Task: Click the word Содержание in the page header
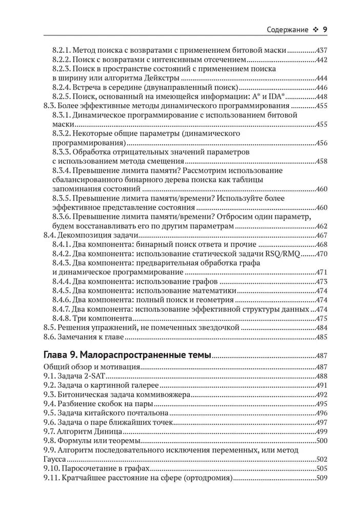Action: [x=288, y=29]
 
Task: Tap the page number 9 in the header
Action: [x=325, y=29]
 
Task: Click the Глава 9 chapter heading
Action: [x=127, y=356]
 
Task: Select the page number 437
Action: [x=321, y=50]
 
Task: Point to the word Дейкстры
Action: [x=162, y=78]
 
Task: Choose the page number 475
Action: [x=321, y=319]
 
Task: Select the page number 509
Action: [x=321, y=479]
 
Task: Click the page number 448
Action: [x=321, y=97]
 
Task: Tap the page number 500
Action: [x=321, y=441]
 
